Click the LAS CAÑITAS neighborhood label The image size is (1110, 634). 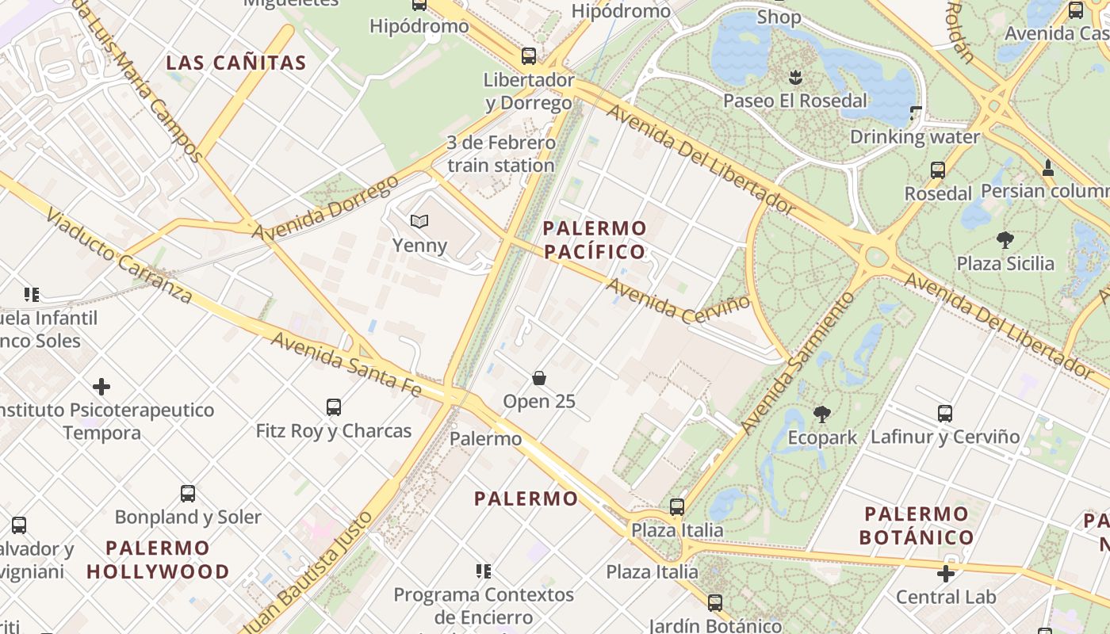[x=236, y=63]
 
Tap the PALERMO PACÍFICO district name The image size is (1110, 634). [x=595, y=240]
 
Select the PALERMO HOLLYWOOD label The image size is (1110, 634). [x=158, y=560]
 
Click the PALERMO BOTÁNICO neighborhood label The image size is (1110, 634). [x=917, y=525]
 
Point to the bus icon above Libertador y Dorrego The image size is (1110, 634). [x=529, y=56]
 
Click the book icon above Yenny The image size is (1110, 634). [x=419, y=222]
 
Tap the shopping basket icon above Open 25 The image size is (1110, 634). [x=539, y=378]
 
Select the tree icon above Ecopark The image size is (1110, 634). [x=822, y=414]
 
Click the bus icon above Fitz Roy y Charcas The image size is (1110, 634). [x=334, y=407]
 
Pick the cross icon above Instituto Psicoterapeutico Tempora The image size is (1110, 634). [x=101, y=387]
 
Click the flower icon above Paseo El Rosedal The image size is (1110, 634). [x=795, y=78]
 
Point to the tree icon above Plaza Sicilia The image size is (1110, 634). [x=1005, y=240]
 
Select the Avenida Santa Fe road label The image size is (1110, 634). [x=346, y=363]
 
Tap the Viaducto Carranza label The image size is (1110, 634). [x=119, y=255]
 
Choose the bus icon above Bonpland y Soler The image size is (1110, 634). [x=188, y=494]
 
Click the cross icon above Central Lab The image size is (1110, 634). [x=946, y=573]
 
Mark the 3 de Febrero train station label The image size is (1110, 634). [x=501, y=155]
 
